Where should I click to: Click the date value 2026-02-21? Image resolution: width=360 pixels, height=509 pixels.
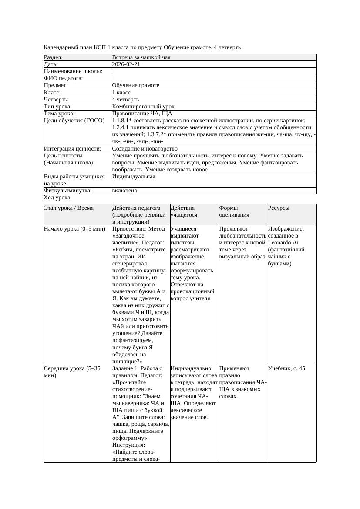(126, 64)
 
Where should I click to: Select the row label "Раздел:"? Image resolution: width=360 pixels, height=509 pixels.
(54, 57)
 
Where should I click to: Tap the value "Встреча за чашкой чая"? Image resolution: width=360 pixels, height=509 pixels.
(141, 57)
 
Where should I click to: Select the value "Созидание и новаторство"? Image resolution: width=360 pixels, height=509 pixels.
(145, 148)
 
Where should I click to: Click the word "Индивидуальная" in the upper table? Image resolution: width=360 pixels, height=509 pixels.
(134, 177)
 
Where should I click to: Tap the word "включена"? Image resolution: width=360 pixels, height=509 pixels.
(124, 191)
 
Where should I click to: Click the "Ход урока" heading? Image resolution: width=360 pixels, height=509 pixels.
(57, 198)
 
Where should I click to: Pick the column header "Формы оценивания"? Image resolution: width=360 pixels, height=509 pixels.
(235, 211)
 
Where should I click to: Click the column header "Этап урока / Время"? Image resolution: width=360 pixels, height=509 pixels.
(69, 208)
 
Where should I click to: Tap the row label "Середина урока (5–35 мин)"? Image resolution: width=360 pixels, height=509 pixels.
(72, 372)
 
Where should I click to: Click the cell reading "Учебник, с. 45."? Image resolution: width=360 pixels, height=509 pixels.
(287, 368)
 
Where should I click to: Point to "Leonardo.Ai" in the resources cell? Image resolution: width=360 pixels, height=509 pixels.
(284, 243)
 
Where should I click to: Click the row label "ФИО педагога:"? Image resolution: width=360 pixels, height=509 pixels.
(64, 78)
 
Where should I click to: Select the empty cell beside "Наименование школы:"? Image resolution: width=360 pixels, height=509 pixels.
(214, 71)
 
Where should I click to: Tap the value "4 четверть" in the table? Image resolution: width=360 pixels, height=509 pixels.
(126, 99)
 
